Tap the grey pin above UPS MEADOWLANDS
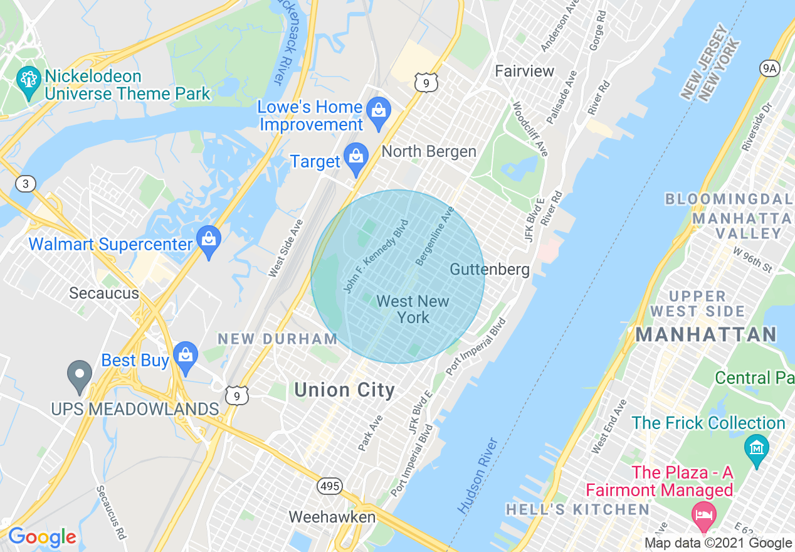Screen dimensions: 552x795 (80, 377)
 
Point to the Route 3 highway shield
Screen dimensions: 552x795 (26, 184)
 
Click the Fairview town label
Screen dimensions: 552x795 (525, 71)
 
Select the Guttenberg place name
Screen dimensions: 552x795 (490, 270)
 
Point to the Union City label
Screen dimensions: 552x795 (345, 390)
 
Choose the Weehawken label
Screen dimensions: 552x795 (332, 517)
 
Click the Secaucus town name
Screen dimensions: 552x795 (104, 293)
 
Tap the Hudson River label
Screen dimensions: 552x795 (478, 475)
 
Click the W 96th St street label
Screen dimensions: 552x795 (752, 260)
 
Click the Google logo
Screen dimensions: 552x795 (42, 537)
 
